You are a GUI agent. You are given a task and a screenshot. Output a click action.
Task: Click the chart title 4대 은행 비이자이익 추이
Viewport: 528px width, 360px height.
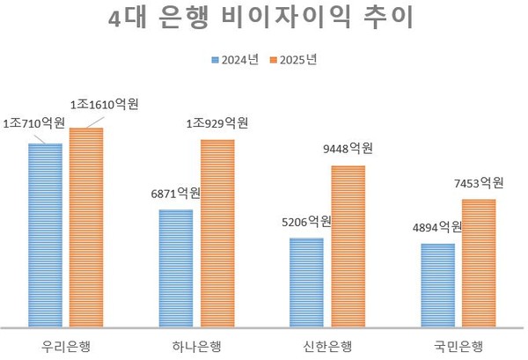(264, 19)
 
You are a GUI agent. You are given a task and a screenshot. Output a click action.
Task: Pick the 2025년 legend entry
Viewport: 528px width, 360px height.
(293, 59)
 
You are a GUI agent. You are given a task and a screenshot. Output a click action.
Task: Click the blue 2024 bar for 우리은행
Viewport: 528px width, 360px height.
(45, 234)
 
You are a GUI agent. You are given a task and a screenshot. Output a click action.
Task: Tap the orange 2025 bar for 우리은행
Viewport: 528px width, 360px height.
(86, 226)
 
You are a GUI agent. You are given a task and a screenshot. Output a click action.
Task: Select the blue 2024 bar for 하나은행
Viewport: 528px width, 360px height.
(175, 268)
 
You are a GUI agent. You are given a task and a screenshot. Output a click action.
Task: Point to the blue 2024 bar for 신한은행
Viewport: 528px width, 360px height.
(306, 282)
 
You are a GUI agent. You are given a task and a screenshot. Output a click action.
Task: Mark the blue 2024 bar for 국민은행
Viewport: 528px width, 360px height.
(437, 284)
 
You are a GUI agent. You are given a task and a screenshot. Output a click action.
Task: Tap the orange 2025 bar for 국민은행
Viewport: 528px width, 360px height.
(479, 262)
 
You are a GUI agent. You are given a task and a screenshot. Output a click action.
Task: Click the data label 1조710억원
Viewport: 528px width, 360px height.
(33, 124)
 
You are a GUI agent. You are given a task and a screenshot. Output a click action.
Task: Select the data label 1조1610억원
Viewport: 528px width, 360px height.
(104, 105)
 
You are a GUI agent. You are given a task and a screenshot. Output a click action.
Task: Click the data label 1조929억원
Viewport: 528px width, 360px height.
(216, 122)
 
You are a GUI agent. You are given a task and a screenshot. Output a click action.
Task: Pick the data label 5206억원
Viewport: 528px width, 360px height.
(305, 221)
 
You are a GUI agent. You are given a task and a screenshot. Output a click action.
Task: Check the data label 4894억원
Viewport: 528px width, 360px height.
(436, 226)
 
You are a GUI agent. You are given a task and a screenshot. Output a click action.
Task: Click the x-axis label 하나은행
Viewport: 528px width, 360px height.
(196, 343)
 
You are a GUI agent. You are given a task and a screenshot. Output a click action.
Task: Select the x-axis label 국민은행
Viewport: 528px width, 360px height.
(458, 343)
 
